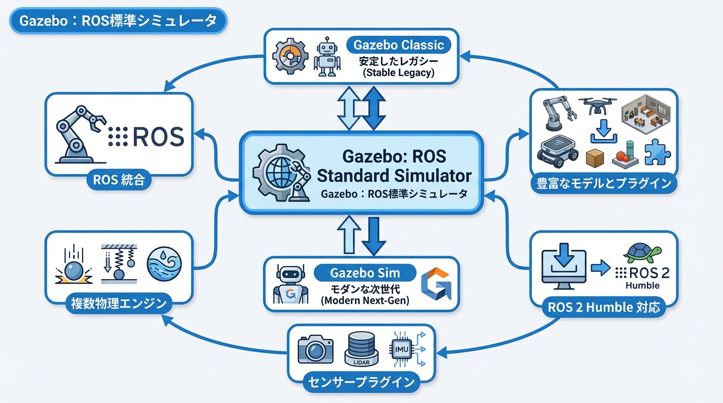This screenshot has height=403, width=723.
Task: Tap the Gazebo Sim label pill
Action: click(365, 273)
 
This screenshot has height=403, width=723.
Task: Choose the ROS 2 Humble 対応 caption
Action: click(604, 306)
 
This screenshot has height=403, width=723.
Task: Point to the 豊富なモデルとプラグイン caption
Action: click(603, 183)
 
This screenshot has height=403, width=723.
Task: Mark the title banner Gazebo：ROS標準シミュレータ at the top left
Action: click(118, 21)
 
